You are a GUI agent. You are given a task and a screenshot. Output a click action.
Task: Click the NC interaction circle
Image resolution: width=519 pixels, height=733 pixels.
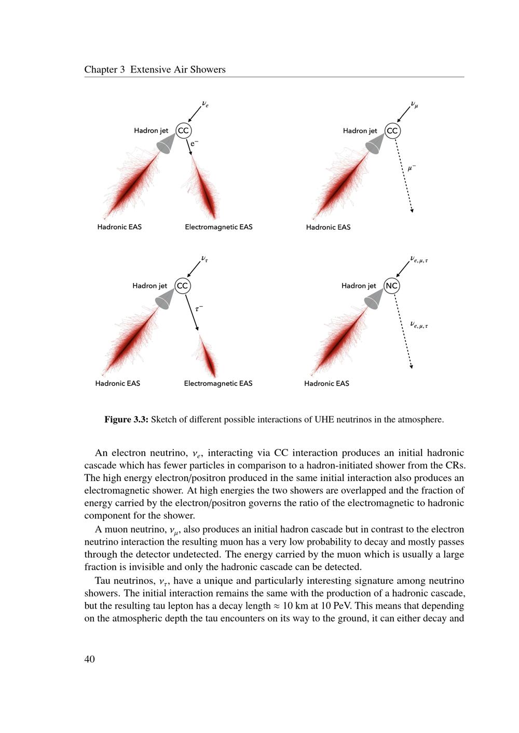point(392,286)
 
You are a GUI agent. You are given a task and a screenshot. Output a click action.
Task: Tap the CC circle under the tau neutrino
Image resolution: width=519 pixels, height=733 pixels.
point(182,286)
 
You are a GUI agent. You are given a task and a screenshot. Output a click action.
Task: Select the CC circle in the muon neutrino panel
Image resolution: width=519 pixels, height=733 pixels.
point(392,131)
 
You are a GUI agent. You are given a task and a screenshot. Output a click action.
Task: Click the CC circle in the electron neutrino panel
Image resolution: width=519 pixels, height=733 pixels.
point(183,131)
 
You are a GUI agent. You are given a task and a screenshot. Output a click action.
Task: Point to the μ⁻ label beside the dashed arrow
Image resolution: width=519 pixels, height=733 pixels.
point(412,167)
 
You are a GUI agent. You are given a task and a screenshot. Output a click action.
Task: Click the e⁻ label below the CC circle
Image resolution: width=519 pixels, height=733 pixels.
point(194,144)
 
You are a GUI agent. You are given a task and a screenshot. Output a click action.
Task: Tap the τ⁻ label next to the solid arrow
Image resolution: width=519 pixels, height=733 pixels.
point(199,308)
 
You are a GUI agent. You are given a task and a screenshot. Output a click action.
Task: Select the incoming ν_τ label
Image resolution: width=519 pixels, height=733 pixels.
point(204,258)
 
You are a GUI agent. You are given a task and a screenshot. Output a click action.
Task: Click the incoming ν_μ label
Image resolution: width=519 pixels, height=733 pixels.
point(414,104)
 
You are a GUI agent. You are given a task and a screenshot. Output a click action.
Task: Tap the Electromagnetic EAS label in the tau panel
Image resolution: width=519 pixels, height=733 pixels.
point(218,384)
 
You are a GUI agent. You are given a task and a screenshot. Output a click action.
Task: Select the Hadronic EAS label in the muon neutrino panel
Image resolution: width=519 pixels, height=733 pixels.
point(328,227)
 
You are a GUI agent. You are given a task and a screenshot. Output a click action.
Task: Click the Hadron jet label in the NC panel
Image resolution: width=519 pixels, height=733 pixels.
point(359,286)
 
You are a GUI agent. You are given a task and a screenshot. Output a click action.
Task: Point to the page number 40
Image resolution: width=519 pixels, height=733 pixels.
point(89,659)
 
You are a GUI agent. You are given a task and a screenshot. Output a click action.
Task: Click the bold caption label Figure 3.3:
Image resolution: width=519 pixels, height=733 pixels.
point(126,419)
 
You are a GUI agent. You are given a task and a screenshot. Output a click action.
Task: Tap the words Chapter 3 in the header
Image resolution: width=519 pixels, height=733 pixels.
point(104,69)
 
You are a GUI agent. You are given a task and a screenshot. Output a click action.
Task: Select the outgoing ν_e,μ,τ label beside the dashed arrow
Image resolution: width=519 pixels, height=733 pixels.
point(419,325)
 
